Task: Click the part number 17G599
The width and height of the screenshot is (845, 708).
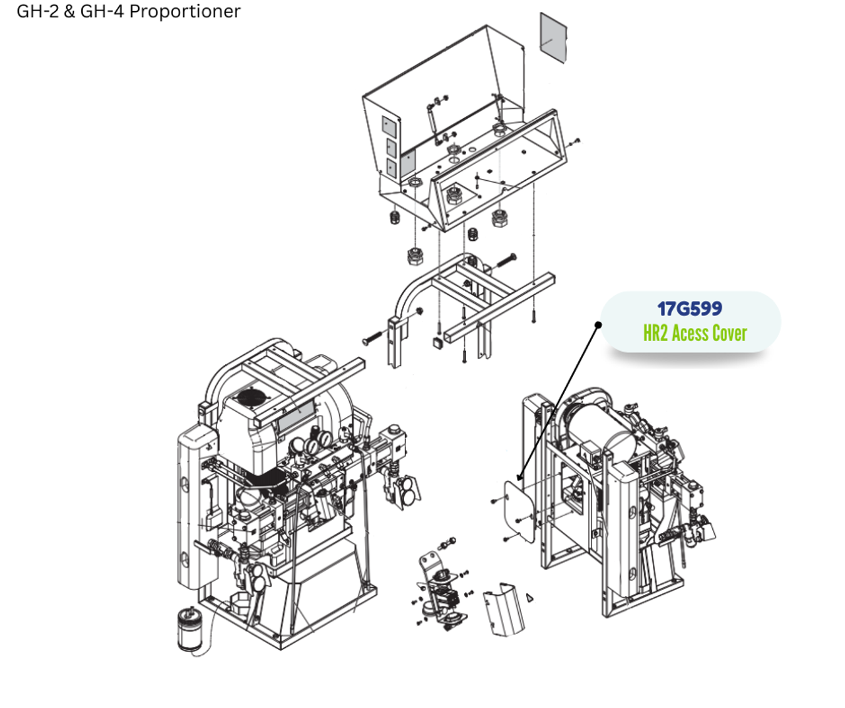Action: pos(689,309)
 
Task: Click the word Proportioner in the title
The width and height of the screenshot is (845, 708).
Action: pos(185,11)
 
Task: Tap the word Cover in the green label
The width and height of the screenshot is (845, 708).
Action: pos(729,333)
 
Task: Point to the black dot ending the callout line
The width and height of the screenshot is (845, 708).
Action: pos(598,325)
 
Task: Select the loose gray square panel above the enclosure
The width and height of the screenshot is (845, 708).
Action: pos(553,38)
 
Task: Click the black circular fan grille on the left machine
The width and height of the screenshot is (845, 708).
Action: pos(250,399)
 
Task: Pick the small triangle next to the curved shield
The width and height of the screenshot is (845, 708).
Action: pos(529,598)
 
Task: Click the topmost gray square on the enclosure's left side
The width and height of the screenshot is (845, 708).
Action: pos(389,127)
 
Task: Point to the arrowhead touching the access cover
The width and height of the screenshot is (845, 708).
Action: pos(520,477)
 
